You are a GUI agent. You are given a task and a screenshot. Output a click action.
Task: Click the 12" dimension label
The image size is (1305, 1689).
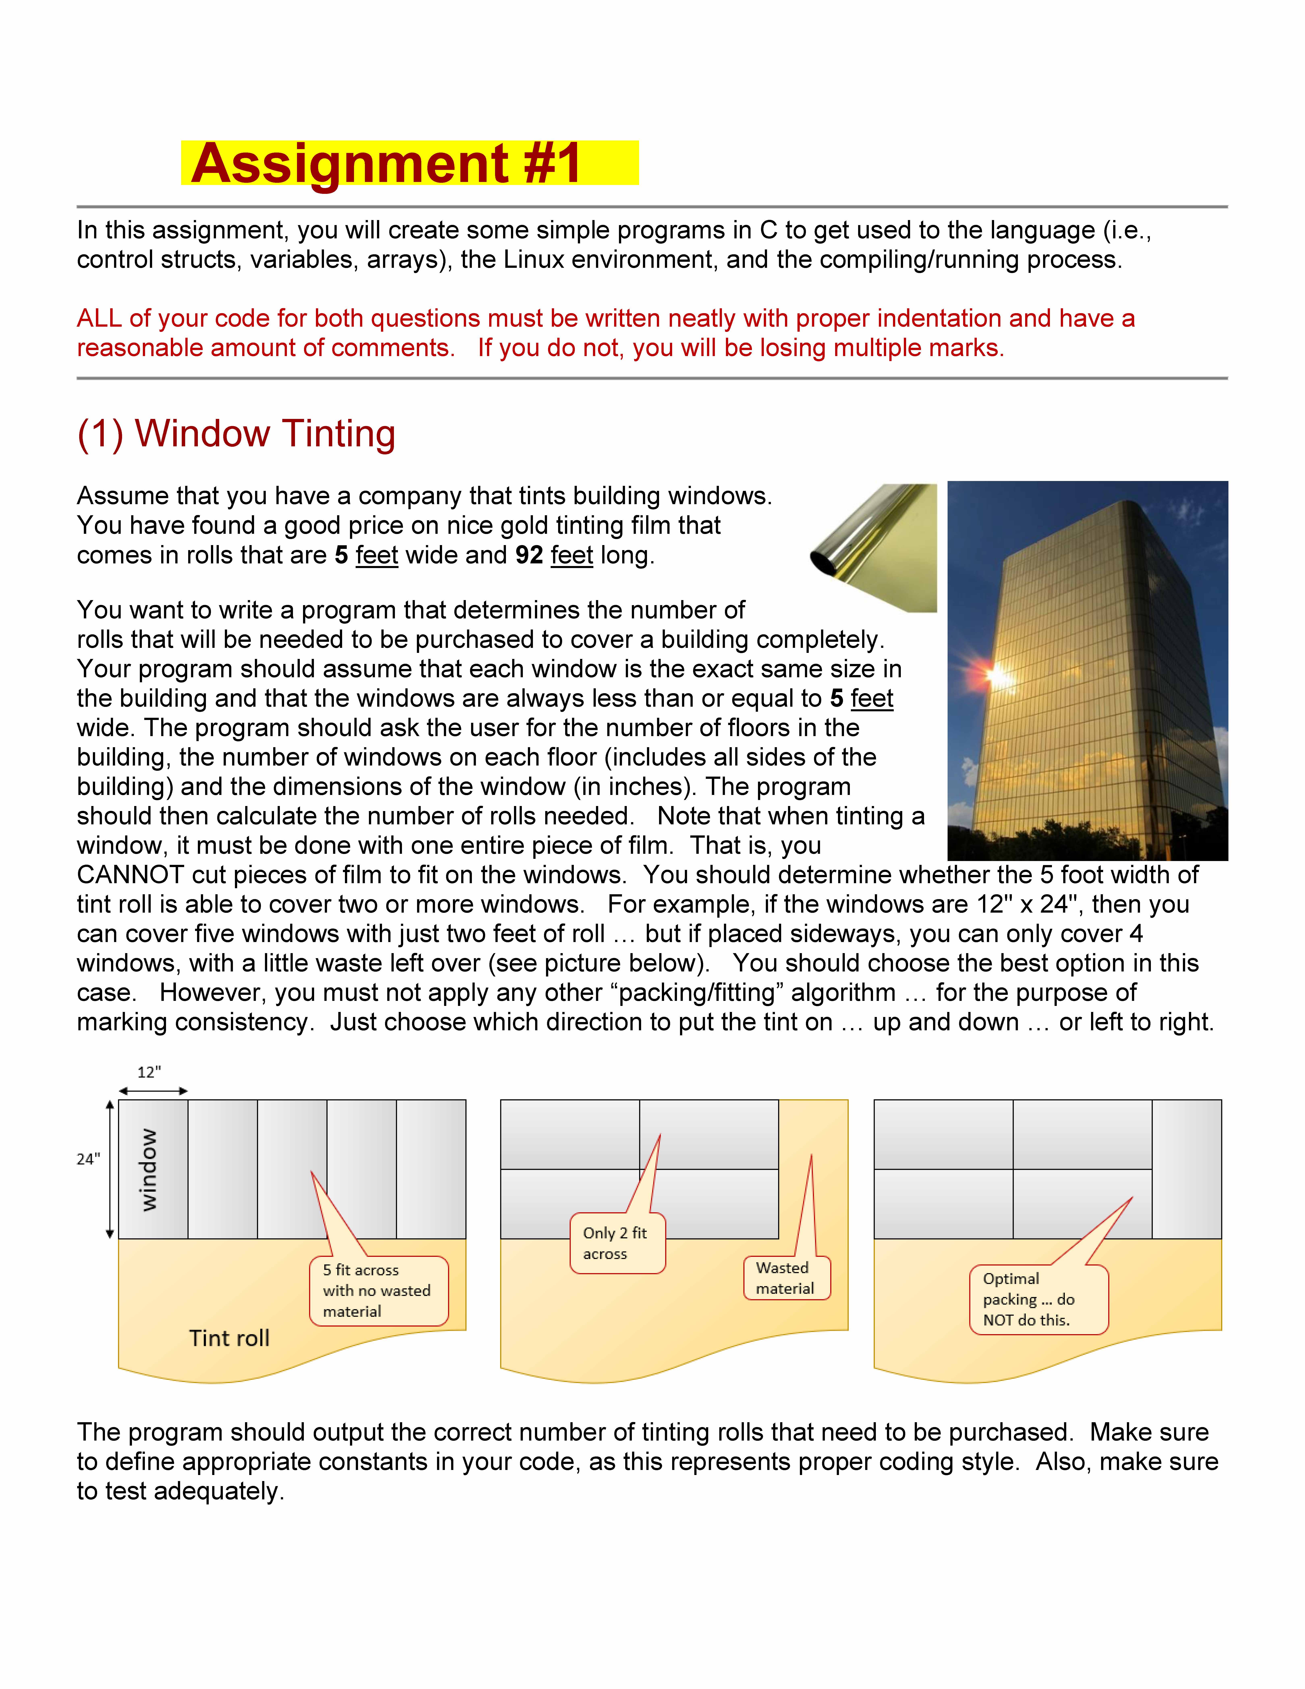point(149,1072)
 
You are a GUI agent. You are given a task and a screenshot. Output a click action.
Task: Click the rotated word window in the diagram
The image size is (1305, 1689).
point(148,1169)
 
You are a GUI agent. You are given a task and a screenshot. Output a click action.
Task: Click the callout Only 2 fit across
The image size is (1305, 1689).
point(616,1243)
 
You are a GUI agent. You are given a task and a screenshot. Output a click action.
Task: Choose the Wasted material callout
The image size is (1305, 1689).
point(785,1278)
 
